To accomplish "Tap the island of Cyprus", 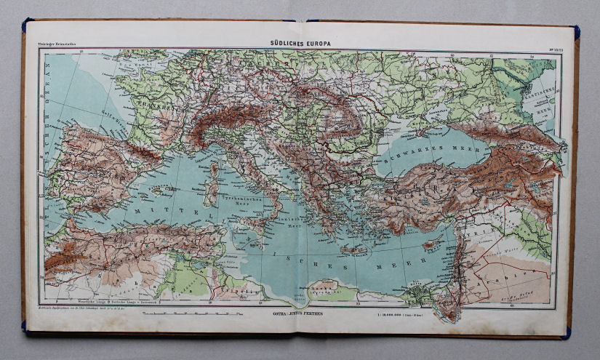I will point(434,244).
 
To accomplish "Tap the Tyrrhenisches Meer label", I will point(240,198).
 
